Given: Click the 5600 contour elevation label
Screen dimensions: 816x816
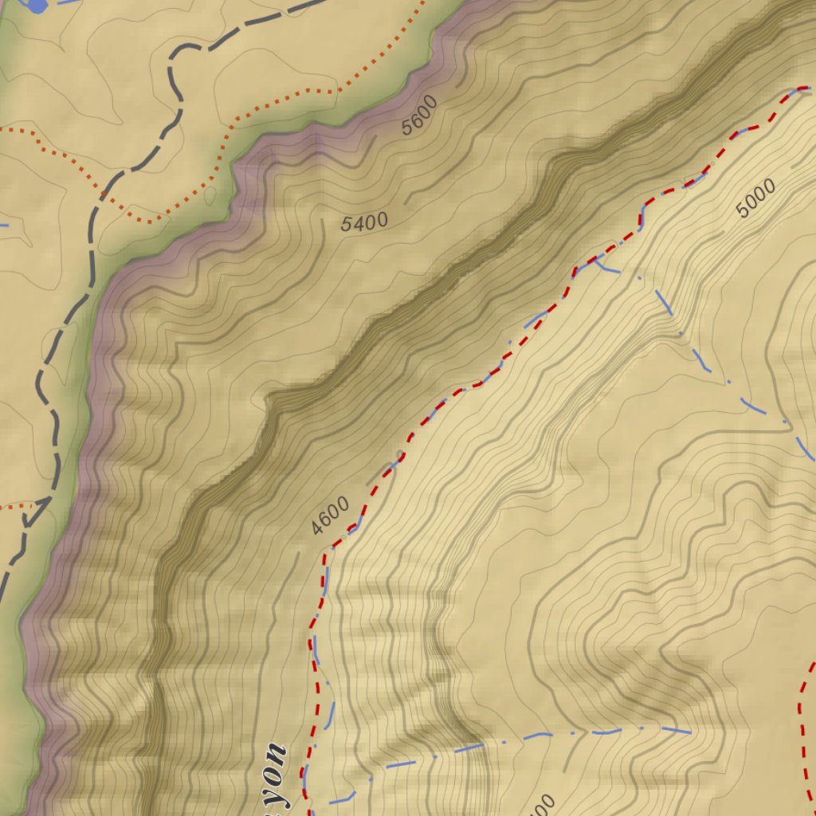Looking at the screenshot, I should [420, 115].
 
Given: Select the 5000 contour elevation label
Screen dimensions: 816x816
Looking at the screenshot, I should [755, 198].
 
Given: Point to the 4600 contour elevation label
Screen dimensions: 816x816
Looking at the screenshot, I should [330, 516].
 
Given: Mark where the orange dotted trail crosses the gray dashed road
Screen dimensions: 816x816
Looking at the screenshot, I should [104, 194].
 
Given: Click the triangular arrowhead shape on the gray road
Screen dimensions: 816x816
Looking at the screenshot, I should [36, 512].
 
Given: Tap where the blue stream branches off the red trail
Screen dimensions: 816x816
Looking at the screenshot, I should [596, 259].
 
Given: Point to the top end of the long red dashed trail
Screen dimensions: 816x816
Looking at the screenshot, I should [803, 88].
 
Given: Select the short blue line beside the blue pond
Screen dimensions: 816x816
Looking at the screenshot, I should [69, 2].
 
